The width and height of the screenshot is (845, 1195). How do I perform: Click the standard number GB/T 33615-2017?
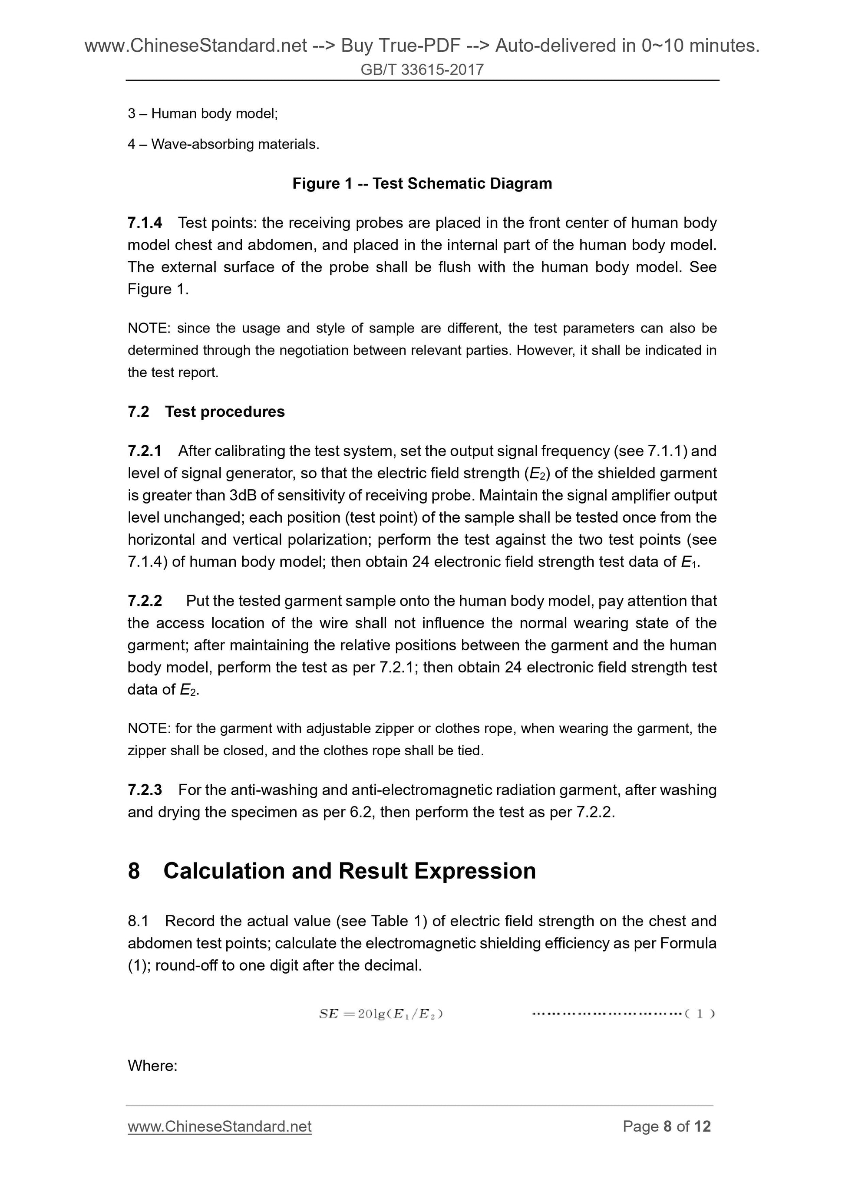pos(422,70)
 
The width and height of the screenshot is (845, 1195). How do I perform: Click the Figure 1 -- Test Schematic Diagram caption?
pos(422,184)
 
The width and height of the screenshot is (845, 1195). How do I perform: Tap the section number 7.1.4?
pos(144,223)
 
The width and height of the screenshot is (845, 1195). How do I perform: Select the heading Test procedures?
pos(224,412)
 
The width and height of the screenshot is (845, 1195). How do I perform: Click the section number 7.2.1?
pos(144,451)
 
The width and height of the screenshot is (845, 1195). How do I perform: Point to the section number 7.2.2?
pos(144,601)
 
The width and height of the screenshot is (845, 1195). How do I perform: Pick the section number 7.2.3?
pos(144,790)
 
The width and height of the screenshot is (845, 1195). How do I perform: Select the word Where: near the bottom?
pos(152,1066)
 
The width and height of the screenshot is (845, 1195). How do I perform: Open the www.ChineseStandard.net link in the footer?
pos(219,1126)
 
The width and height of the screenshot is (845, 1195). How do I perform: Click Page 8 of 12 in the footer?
pos(667,1126)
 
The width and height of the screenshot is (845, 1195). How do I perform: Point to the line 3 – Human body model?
pos(202,113)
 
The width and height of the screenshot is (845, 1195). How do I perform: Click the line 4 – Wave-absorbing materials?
pos(223,144)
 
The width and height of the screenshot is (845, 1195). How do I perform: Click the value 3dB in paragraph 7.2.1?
pos(243,495)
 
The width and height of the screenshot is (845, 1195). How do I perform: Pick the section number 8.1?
pos(138,921)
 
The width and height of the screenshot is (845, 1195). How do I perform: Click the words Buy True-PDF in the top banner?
pos(400,46)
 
